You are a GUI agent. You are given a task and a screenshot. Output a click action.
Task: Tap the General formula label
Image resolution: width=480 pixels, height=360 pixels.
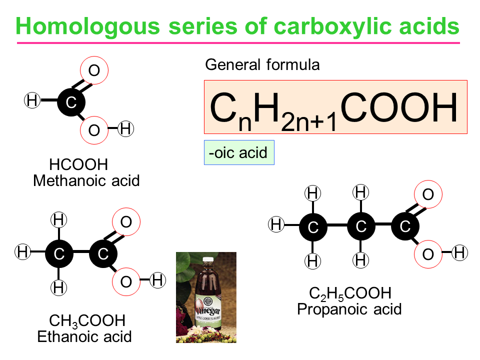(x=262, y=65)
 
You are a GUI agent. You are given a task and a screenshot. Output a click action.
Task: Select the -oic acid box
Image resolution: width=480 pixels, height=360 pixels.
(x=239, y=152)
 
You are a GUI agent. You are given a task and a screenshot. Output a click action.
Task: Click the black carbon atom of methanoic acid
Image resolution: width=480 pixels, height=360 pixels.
(x=71, y=102)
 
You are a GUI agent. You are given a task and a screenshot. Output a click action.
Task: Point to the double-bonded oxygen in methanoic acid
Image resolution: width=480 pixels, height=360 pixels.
(x=94, y=71)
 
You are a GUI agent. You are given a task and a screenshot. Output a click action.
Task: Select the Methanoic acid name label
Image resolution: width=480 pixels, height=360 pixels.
(x=86, y=180)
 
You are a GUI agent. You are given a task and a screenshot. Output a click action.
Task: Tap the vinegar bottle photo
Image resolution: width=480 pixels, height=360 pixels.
(x=206, y=297)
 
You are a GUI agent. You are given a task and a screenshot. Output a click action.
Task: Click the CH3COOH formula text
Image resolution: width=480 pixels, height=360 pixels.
(x=87, y=320)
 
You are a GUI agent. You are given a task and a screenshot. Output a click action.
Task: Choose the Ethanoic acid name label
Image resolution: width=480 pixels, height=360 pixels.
(x=84, y=336)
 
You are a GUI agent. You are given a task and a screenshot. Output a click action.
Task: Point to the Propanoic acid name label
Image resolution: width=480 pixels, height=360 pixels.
(x=349, y=309)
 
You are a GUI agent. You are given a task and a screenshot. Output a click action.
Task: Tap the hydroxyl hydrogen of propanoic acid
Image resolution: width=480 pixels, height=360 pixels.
(x=459, y=253)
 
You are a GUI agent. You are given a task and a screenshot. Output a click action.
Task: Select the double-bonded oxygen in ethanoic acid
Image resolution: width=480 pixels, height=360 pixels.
(x=126, y=221)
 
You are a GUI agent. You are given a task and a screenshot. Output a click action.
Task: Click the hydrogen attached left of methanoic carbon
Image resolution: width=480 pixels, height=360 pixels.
(x=32, y=101)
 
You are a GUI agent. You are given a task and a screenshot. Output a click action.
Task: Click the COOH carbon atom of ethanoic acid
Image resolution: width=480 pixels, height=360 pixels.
(x=103, y=253)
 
